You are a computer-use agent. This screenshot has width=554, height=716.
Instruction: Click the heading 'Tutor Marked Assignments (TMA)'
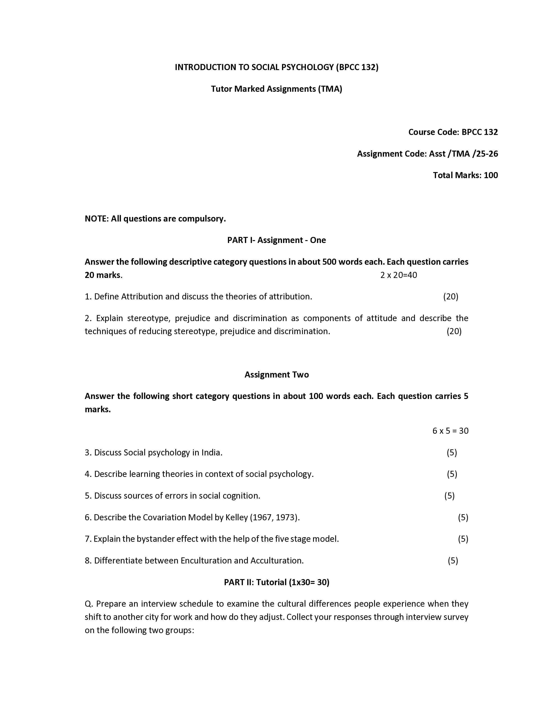pyautogui.click(x=276, y=89)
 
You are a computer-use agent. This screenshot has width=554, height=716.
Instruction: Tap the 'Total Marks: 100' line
pyautogui.click(x=465, y=175)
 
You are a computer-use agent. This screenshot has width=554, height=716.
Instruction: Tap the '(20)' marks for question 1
pyautogui.click(x=451, y=296)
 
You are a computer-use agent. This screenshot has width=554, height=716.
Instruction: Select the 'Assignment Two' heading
pyautogui.click(x=276, y=374)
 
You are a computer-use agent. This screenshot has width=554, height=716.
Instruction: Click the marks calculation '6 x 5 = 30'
pyautogui.click(x=450, y=430)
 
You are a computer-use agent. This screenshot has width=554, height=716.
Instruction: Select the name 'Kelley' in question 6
pyautogui.click(x=237, y=517)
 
